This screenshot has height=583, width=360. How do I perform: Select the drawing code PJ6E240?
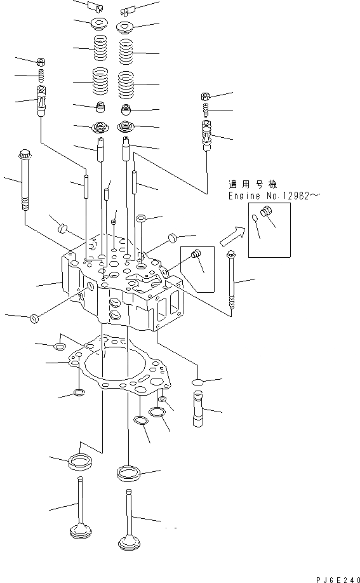[336, 579]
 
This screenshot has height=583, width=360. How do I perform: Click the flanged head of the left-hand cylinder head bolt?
[25, 154]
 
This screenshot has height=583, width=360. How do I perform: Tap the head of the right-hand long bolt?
[232, 256]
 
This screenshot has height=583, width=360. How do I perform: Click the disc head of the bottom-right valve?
[131, 544]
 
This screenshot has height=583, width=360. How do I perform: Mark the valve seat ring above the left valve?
[82, 460]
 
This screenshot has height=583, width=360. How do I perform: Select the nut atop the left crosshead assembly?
[38, 62]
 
